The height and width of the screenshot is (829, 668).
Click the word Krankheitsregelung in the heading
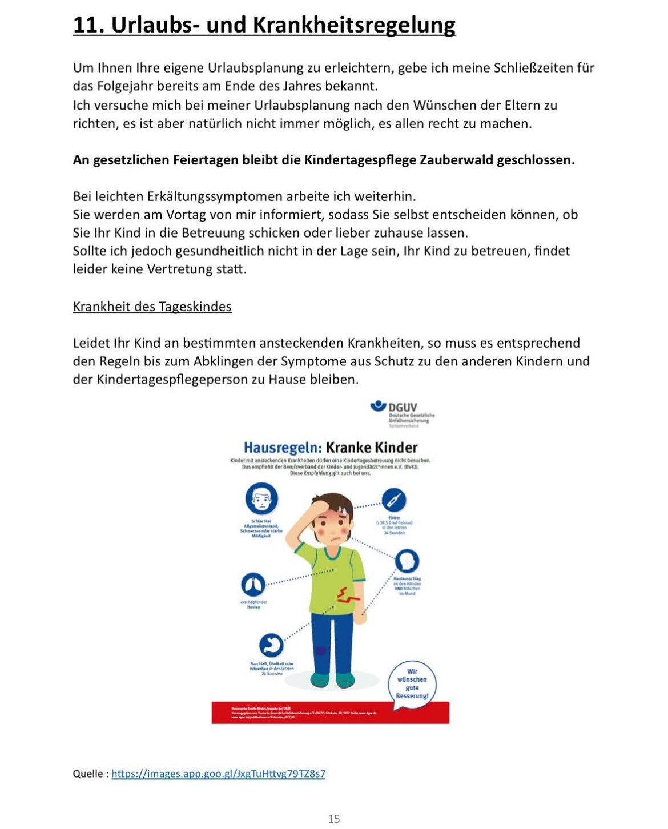354,26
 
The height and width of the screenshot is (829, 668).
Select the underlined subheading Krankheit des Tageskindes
152,307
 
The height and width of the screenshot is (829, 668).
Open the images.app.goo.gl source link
218,774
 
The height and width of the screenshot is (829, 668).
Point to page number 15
334,819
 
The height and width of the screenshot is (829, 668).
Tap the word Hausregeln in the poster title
283,448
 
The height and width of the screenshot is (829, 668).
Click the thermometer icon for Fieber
394,501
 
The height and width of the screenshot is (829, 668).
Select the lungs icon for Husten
253,584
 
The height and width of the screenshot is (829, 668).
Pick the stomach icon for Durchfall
271,646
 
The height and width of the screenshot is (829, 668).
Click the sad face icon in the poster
261,498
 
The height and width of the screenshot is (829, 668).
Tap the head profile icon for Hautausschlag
407,562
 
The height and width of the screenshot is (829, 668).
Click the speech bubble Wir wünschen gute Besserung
412,684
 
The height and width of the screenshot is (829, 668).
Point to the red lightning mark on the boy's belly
346,595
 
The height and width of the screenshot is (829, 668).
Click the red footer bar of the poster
330,713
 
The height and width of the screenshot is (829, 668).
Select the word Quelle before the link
88,774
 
